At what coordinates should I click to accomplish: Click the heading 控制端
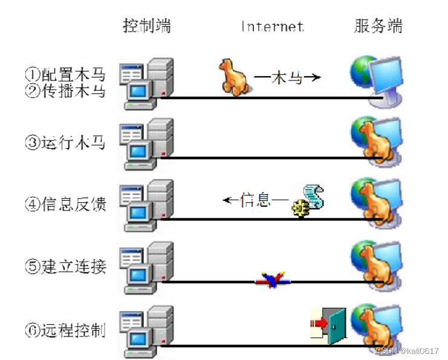click(x=146, y=26)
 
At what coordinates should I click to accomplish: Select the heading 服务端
click(x=378, y=26)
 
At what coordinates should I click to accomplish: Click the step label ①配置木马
click(x=65, y=75)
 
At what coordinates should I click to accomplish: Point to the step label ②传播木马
click(x=65, y=91)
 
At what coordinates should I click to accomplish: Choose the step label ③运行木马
click(x=65, y=143)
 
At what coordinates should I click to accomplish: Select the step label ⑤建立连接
click(x=65, y=266)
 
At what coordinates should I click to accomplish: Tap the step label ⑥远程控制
click(x=65, y=330)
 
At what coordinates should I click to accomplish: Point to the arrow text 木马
click(x=287, y=77)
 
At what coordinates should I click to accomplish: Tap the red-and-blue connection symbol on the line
click(x=273, y=280)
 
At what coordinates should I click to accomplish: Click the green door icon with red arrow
click(x=330, y=326)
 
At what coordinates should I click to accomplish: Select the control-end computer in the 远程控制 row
click(x=146, y=330)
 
